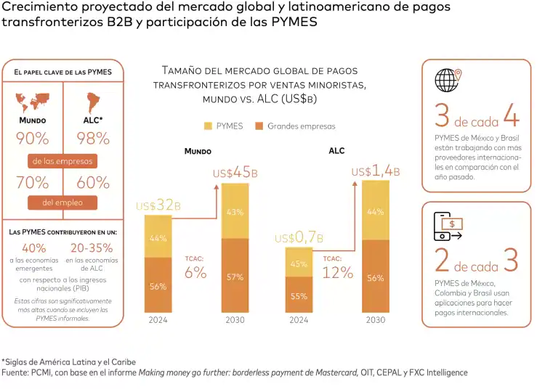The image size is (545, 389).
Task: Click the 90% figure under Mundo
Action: (33, 138)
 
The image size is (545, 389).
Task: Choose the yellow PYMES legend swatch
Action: (209, 126)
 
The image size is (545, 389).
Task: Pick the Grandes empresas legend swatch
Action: (259, 126)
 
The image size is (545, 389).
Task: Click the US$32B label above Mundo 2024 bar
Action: (158, 206)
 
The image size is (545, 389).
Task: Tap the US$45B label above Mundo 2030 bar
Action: (235, 173)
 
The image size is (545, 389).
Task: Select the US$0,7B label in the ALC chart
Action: (299, 238)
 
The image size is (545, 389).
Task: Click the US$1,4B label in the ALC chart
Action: (375, 171)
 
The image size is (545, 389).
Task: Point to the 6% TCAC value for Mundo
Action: (195, 273)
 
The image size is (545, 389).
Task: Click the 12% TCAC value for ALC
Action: (338, 273)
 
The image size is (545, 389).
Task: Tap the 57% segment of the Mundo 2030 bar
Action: (235, 277)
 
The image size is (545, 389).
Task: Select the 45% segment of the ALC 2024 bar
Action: (299, 264)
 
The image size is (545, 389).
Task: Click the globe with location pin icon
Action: (448, 79)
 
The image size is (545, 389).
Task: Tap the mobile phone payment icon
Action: (448, 226)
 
